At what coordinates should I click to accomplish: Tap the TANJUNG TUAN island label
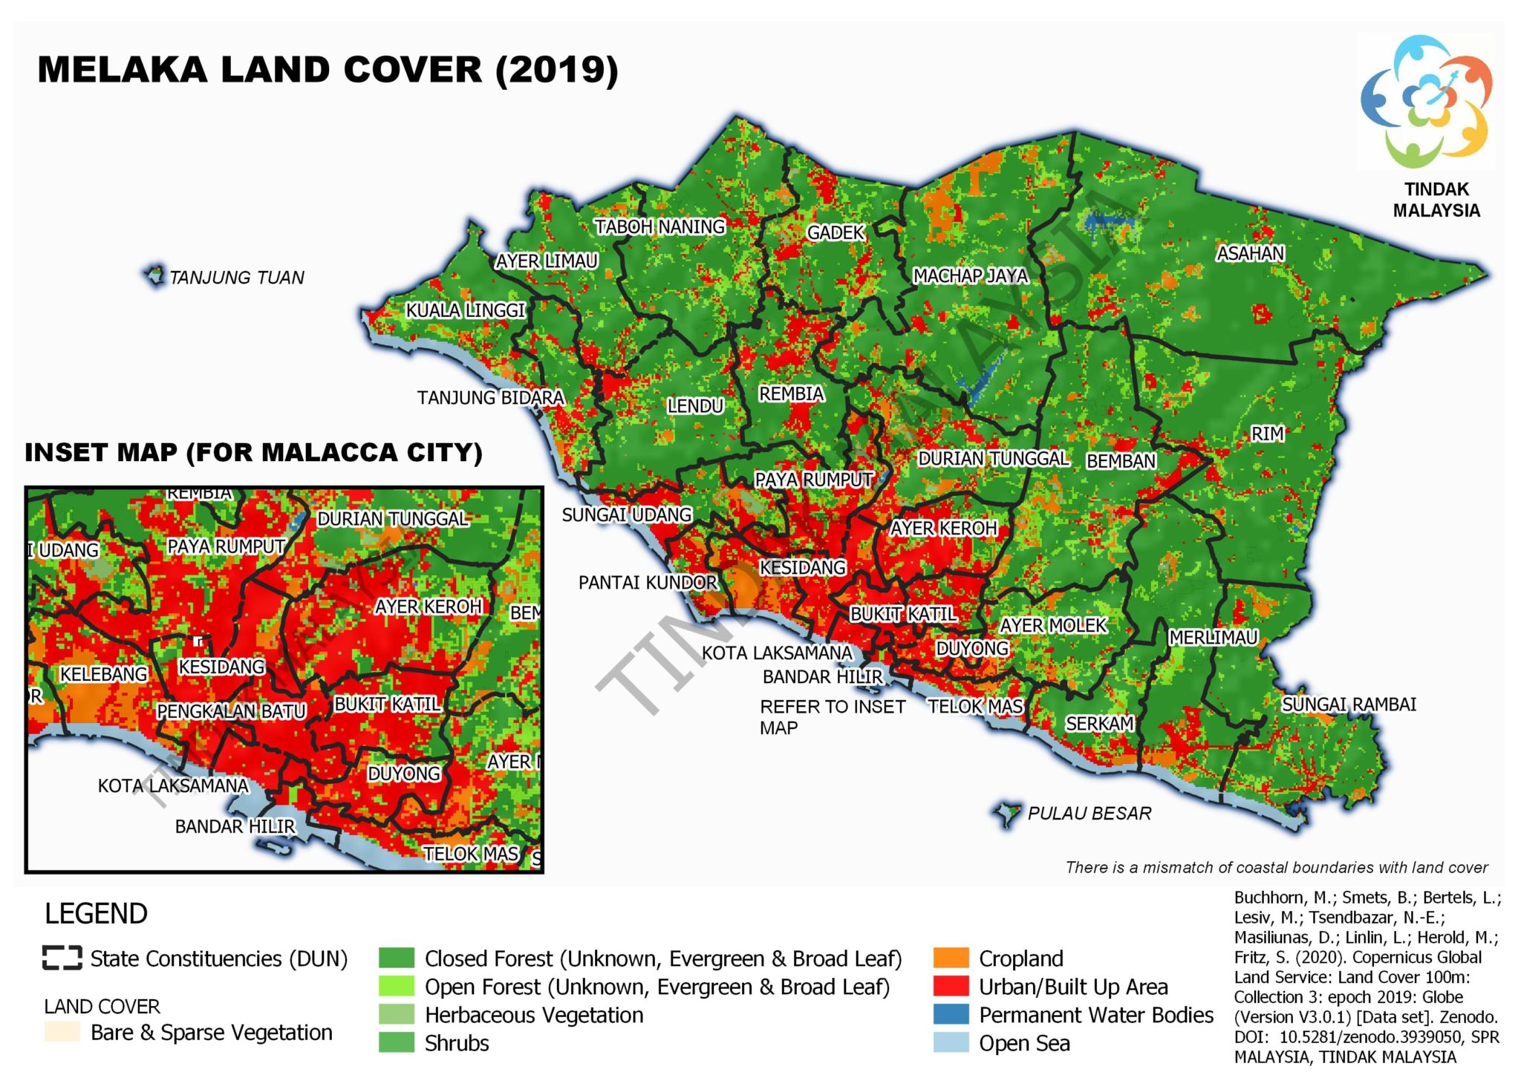click(x=236, y=278)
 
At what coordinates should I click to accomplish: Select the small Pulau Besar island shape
click(x=1007, y=814)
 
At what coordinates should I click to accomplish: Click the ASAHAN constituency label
click(x=1250, y=254)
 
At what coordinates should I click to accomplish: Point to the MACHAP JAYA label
click(x=970, y=276)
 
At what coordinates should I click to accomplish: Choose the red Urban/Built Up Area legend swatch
click(x=951, y=987)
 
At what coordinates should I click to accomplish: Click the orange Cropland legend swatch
click(x=951, y=958)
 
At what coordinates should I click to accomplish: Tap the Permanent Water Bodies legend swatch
click(x=951, y=1015)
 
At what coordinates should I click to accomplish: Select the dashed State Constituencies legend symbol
click(x=62, y=958)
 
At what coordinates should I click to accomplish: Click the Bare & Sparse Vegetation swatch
click(x=62, y=1033)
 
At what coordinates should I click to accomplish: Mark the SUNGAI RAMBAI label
click(x=1349, y=705)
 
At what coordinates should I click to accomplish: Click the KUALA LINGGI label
click(x=465, y=310)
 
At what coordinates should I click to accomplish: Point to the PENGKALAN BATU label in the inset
click(x=231, y=711)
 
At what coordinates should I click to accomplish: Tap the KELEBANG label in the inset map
click(x=103, y=674)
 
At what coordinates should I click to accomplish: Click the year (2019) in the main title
click(x=556, y=70)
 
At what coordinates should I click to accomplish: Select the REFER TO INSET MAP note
click(x=832, y=717)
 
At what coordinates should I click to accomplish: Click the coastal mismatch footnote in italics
click(x=1276, y=867)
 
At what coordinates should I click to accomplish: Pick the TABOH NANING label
click(x=659, y=226)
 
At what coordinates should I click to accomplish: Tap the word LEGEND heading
click(x=96, y=914)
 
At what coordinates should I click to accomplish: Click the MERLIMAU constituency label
click(x=1213, y=638)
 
